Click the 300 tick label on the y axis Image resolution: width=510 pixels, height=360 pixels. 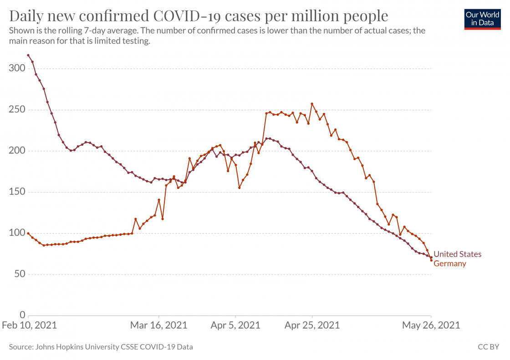click(17, 69)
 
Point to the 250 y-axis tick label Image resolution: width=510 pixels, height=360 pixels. click(17, 110)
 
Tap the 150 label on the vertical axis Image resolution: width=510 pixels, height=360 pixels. click(17, 192)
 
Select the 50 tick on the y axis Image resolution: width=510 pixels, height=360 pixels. click(19, 274)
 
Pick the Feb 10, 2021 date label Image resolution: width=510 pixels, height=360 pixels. click(29, 325)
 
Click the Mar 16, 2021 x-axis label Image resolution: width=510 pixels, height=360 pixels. click(159, 325)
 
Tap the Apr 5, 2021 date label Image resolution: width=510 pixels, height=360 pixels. click(235, 325)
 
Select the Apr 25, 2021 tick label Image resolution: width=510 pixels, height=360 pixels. click(312, 325)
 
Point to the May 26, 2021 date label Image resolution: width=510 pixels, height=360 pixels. click(431, 325)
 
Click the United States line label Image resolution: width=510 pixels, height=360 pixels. click(457, 254)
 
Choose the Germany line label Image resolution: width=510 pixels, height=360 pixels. click(450, 264)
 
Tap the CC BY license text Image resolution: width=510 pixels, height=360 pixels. click(489, 347)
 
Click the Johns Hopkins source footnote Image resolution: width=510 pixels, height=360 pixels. click(101, 347)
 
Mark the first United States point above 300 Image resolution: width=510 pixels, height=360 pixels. click(28, 56)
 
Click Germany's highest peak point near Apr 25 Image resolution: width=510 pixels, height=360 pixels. click(312, 104)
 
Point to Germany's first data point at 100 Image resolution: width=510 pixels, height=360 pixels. click(28, 233)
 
